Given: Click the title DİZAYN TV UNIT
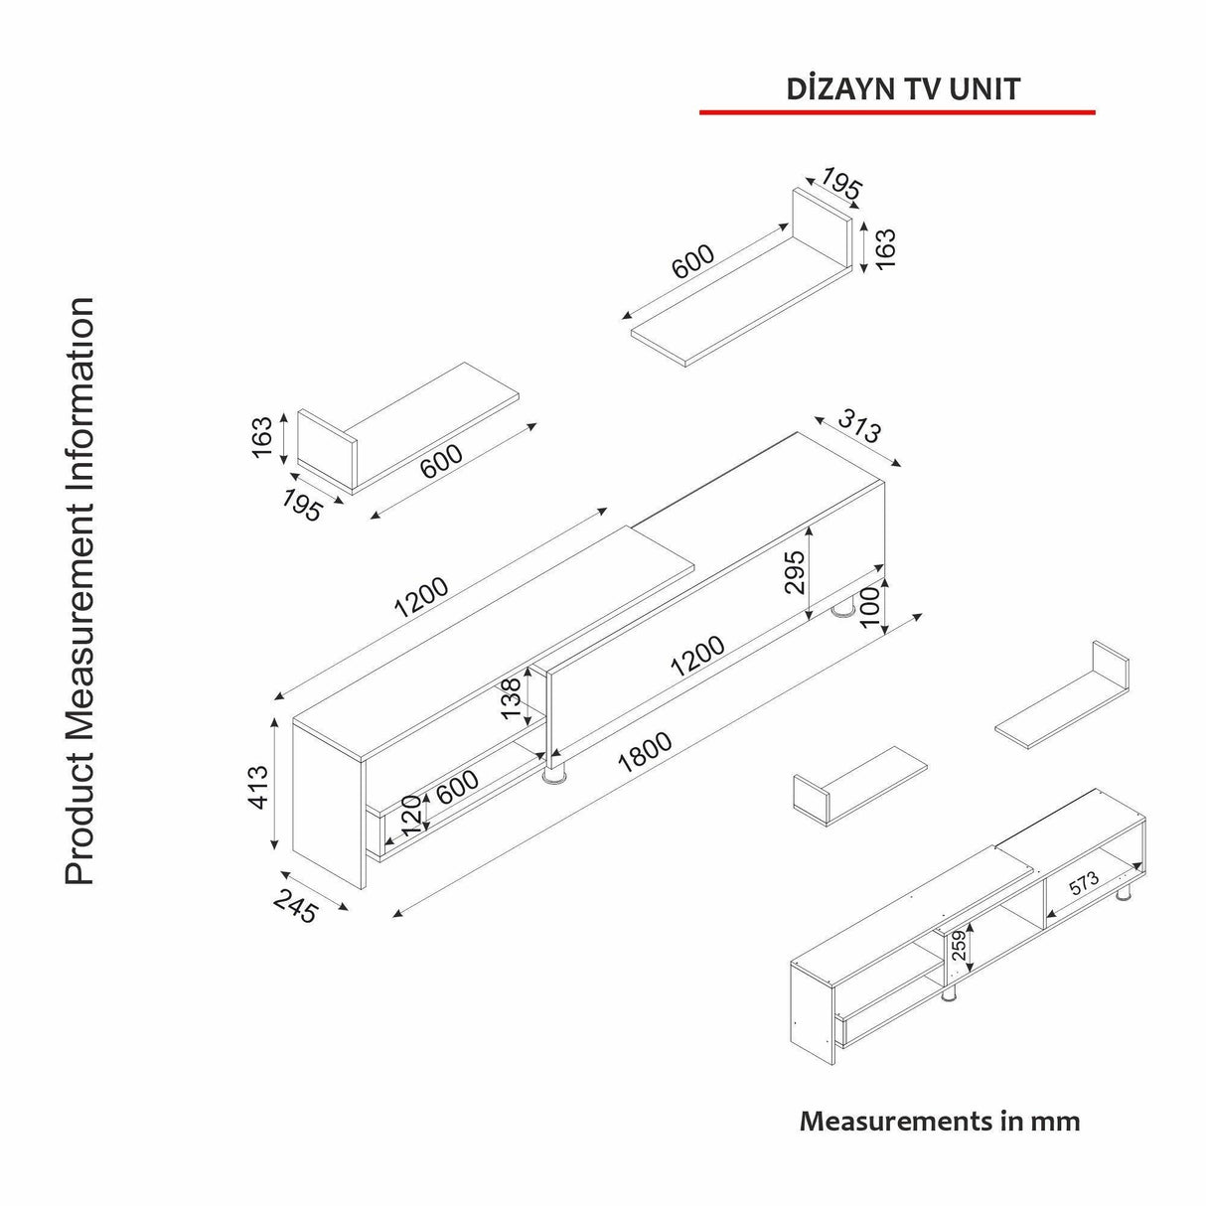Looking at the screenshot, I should [x=902, y=88].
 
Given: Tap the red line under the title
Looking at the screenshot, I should [x=897, y=112].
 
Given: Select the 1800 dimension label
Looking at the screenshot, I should [x=645, y=754].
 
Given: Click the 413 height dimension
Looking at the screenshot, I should [x=257, y=787].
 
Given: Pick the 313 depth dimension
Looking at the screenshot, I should [x=858, y=428].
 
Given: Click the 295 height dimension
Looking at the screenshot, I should [x=796, y=571].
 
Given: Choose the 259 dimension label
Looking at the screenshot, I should [x=960, y=947].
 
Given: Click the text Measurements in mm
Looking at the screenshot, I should [x=939, y=1122].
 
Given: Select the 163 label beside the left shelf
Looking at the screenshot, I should [x=261, y=438].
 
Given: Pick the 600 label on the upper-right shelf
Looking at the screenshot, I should [x=693, y=261].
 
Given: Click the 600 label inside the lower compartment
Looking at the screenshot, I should [x=457, y=788].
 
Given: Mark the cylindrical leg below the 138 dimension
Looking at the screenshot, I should [x=554, y=772].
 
